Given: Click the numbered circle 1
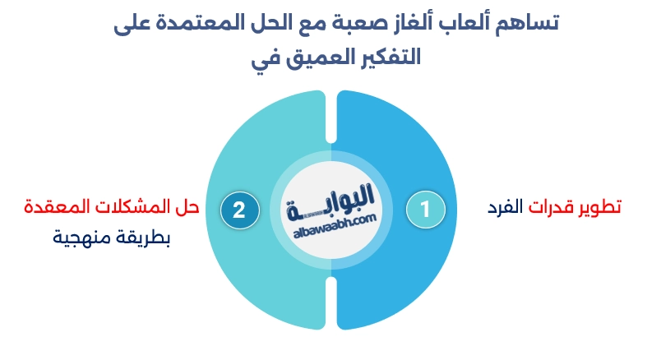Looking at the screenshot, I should pyautogui.click(x=426, y=210).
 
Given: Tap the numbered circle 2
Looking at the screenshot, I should pyautogui.click(x=238, y=210).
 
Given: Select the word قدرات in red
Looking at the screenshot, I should pyautogui.click(x=550, y=207).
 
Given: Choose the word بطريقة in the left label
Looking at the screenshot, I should pyautogui.click(x=140, y=238).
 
